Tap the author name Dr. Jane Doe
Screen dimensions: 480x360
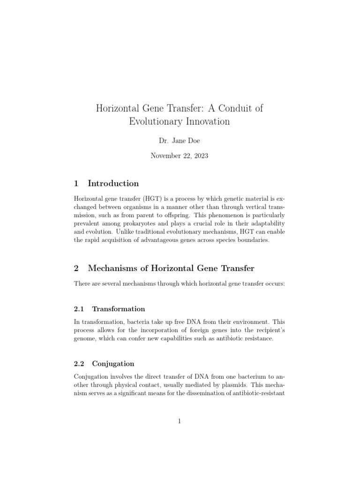180,141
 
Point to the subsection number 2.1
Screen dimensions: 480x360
79,309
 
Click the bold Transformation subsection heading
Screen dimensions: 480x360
119,309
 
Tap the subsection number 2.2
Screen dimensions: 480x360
79,364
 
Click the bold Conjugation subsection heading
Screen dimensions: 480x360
113,364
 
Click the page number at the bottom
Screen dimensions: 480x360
180,421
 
